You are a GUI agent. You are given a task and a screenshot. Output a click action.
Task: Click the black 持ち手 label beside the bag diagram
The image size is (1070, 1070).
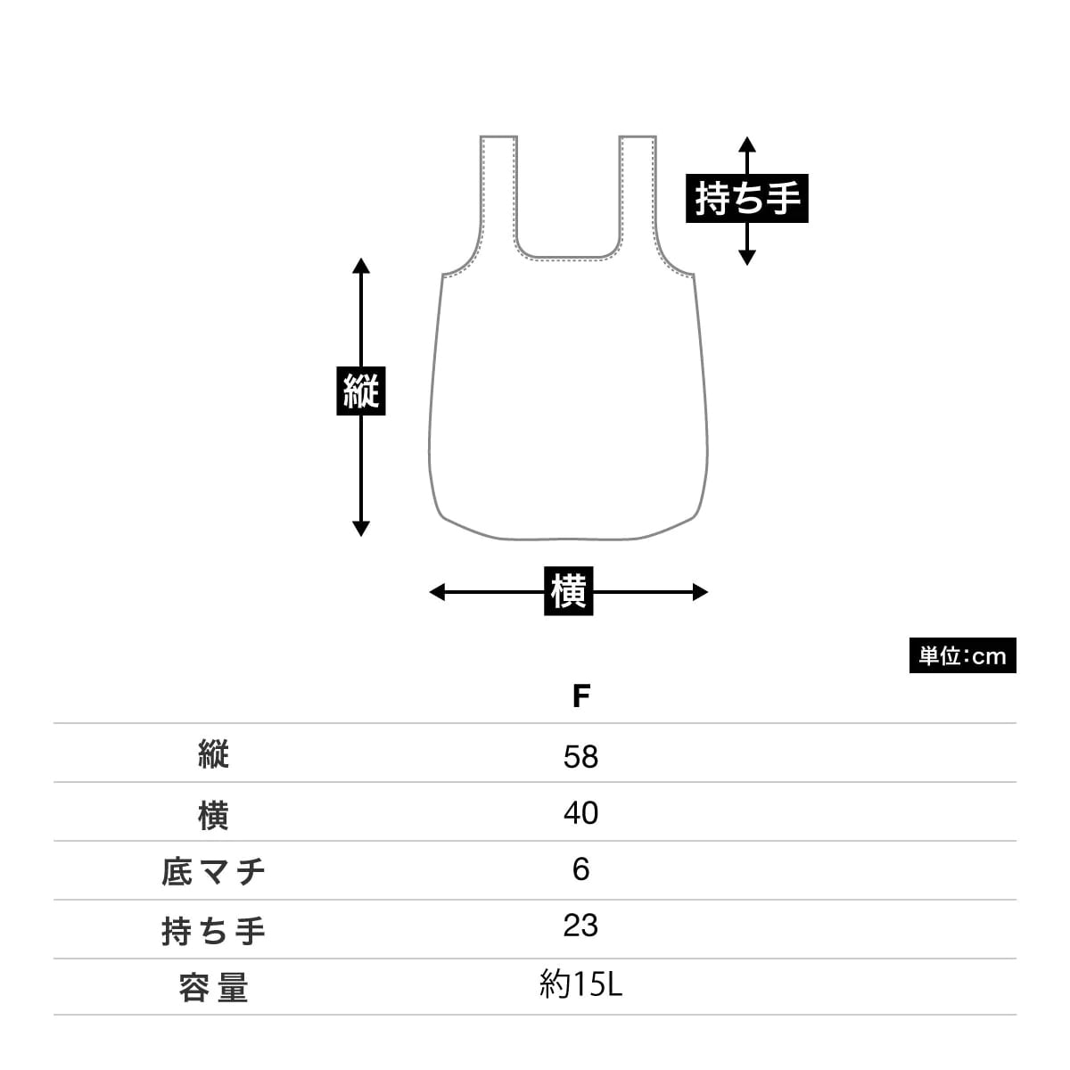point(746,198)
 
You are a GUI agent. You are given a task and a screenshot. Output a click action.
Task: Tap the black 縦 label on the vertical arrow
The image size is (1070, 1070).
point(360,391)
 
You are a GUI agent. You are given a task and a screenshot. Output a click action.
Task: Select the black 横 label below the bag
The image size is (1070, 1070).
point(568,591)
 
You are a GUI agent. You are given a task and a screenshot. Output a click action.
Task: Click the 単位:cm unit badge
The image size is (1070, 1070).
point(962,656)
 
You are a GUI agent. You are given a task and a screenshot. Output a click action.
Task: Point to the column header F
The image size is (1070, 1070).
point(580,696)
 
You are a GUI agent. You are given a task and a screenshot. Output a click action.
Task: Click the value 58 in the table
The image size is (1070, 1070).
point(580,757)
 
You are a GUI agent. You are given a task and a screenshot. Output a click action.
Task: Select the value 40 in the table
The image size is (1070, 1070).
point(580,813)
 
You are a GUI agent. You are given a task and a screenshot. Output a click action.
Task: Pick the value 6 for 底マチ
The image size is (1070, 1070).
point(580,869)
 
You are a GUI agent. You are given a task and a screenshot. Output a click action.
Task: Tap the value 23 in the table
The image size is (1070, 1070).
point(580,926)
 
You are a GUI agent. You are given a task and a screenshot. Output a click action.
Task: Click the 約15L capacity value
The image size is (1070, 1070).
point(580,985)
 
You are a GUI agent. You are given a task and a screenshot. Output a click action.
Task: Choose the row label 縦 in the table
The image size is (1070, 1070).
point(213,756)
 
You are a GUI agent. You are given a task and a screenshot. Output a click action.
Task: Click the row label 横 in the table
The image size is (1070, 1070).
point(213,815)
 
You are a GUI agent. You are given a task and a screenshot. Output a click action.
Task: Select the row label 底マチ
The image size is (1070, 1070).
point(213,872)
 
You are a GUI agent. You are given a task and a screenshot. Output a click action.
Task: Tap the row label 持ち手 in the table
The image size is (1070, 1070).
point(213,931)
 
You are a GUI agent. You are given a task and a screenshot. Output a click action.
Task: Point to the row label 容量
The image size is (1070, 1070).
point(213,989)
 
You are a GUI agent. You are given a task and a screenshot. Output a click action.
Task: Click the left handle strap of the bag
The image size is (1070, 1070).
point(498,192)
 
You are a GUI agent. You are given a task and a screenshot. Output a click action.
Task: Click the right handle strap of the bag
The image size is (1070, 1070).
point(638,192)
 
